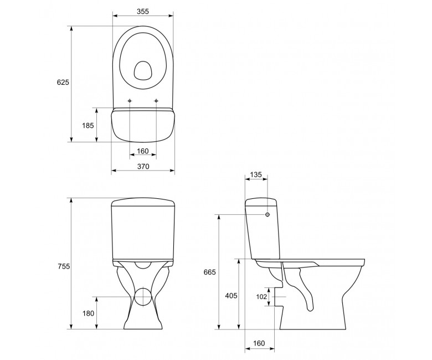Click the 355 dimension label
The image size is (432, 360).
click(143, 11)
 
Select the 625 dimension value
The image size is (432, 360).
click(63, 82)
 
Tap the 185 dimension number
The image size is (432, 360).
click(88, 126)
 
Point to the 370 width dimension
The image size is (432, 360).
click(143, 166)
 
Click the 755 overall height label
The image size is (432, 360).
click(64, 266)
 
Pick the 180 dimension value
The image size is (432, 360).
click(88, 313)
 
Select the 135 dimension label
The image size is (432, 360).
click(256, 174)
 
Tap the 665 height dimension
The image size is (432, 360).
click(210, 272)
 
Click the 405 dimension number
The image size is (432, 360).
click(231, 296)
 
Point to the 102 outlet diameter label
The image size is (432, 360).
click(261, 297)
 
